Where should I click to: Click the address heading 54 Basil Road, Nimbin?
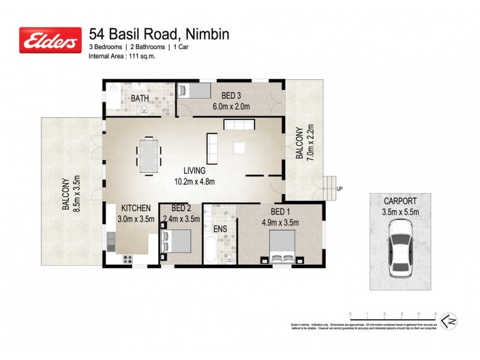[x=159, y=34]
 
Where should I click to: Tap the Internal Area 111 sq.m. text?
[x=123, y=57]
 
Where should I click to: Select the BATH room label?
[x=140, y=98]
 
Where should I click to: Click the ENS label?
[x=220, y=229]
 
